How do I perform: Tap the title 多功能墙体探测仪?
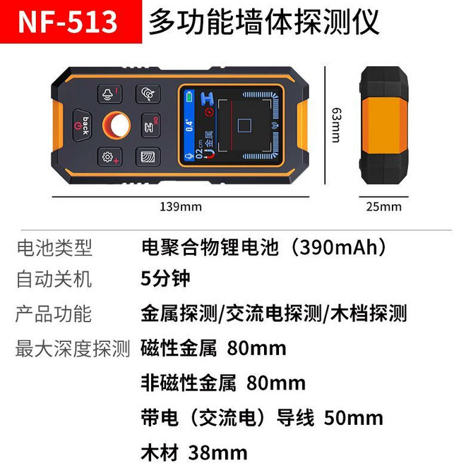click(x=263, y=22)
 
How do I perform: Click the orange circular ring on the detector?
click(x=117, y=126)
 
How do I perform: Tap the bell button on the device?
click(x=109, y=94)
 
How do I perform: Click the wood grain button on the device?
click(x=148, y=157)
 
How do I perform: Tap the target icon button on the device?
click(x=148, y=94)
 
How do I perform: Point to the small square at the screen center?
click(x=245, y=126)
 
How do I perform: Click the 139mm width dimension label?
click(x=180, y=206)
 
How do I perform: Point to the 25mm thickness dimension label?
click(x=384, y=206)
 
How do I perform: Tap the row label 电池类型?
click(x=54, y=247)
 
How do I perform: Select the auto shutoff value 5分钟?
click(x=165, y=278)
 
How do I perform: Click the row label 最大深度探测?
click(x=73, y=348)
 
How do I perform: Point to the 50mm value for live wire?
click(x=353, y=417)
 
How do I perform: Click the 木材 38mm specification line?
click(x=194, y=452)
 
